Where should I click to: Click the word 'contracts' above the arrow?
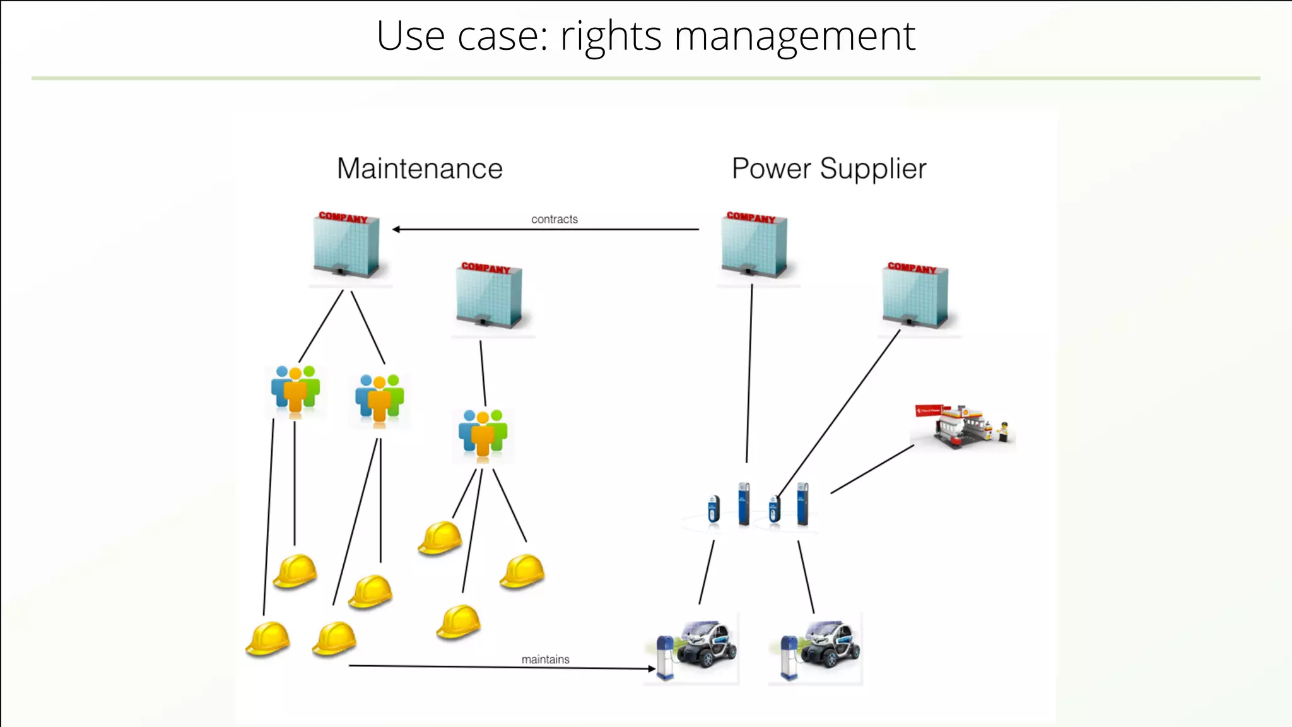pyautogui.click(x=554, y=219)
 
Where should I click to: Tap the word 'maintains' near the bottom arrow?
pyautogui.click(x=545, y=659)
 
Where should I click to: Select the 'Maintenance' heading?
pyautogui.click(x=420, y=168)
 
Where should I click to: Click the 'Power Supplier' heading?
pyautogui.click(x=828, y=168)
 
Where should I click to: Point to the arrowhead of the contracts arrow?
pyautogui.click(x=396, y=229)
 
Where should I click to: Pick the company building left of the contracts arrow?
pyautogui.click(x=346, y=245)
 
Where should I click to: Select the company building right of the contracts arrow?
pyautogui.click(x=754, y=245)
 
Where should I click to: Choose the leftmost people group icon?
pyautogui.click(x=295, y=391)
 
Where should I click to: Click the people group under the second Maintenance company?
pyautogui.click(x=483, y=434)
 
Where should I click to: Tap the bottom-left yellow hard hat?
pyautogui.click(x=268, y=639)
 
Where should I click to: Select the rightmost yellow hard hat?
pyautogui.click(x=522, y=570)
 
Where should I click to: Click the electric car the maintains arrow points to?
pyautogui.click(x=694, y=648)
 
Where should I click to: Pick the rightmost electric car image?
pyautogui.click(x=818, y=648)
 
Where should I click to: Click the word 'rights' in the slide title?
pyautogui.click(x=611, y=37)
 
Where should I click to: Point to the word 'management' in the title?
pyautogui.click(x=794, y=37)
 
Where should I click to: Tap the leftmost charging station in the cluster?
pyautogui.click(x=714, y=509)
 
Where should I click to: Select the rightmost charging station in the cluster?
pyautogui.click(x=802, y=504)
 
